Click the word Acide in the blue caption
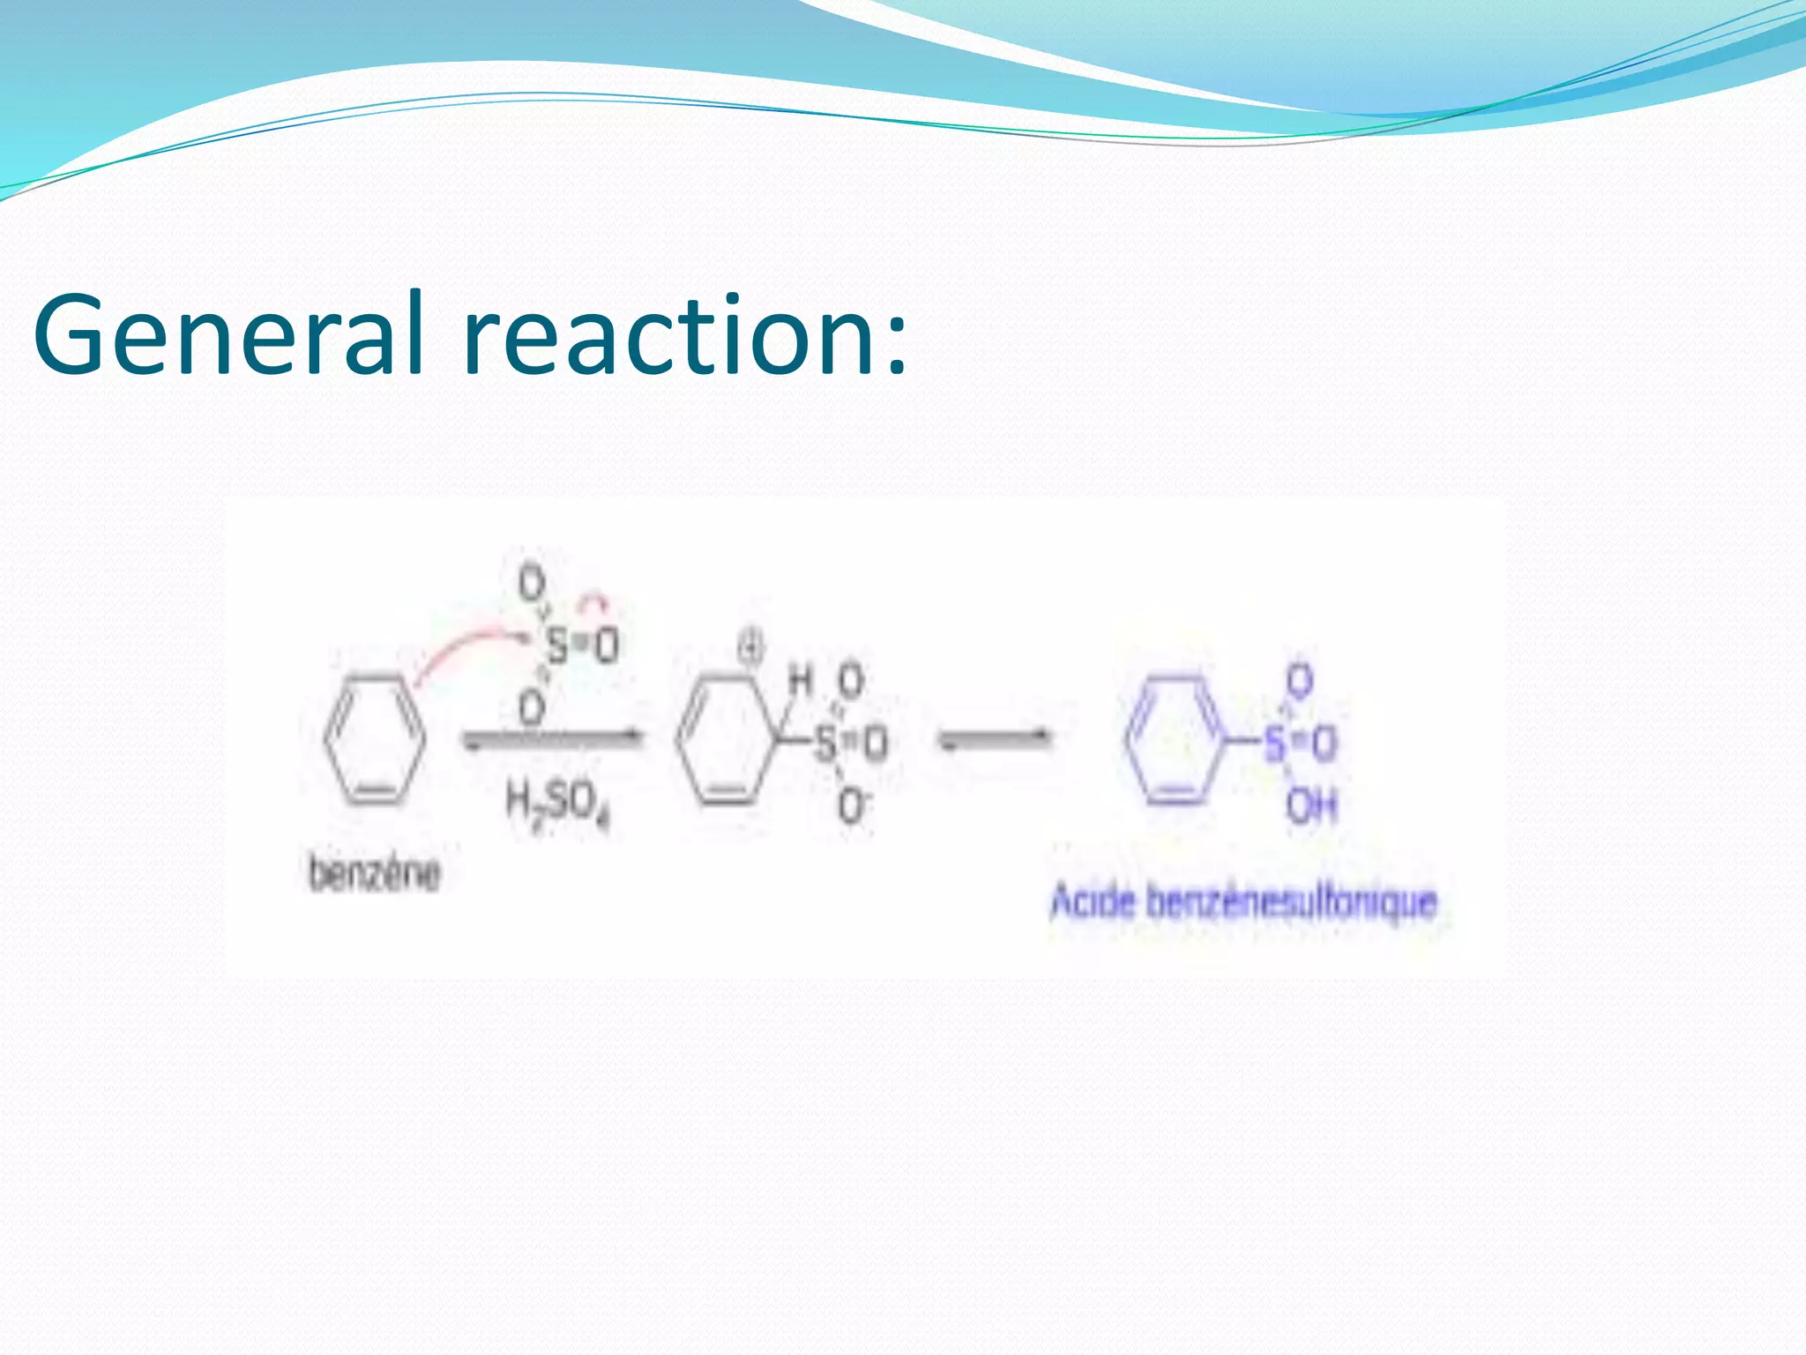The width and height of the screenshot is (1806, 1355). (1092, 902)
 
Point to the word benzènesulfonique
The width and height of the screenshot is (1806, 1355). (1291, 902)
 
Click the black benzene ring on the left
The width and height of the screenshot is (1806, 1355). (374, 739)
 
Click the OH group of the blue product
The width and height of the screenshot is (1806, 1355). (1311, 805)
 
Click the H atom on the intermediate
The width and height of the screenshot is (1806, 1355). (800, 680)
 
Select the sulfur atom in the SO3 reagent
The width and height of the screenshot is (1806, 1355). (557, 647)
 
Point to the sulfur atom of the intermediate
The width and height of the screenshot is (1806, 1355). (825, 743)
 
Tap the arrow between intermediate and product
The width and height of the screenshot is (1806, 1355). (994, 738)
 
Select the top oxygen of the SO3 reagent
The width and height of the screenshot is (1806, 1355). (531, 583)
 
